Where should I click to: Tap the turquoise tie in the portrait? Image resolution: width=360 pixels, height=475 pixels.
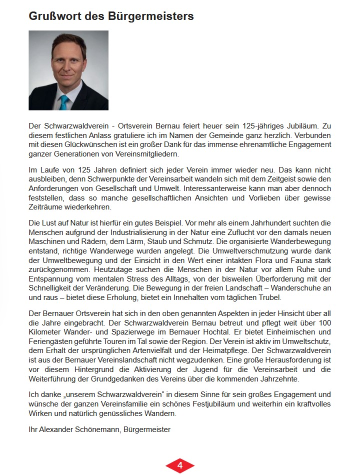point(64,102)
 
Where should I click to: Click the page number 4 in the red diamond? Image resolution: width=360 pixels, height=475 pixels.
point(180,465)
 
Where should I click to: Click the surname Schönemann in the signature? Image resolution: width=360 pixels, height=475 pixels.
point(99,429)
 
